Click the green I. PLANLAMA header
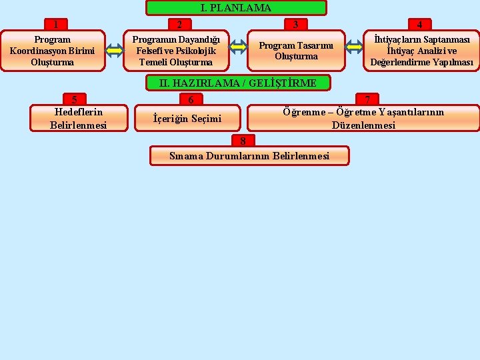click(236, 8)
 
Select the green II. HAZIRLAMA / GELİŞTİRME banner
click(238, 83)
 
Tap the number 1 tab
click(56, 25)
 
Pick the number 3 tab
click(296, 25)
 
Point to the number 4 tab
click(419, 25)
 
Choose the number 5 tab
click(74, 99)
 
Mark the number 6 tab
click(191, 99)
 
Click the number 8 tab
click(243, 141)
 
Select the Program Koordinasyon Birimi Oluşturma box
click(52, 51)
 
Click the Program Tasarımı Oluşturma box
click(297, 51)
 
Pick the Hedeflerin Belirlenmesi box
click(78, 118)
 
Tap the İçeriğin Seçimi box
click(187, 119)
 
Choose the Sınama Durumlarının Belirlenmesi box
click(249, 156)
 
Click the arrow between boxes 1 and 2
click(115, 51)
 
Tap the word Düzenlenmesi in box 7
click(363, 125)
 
